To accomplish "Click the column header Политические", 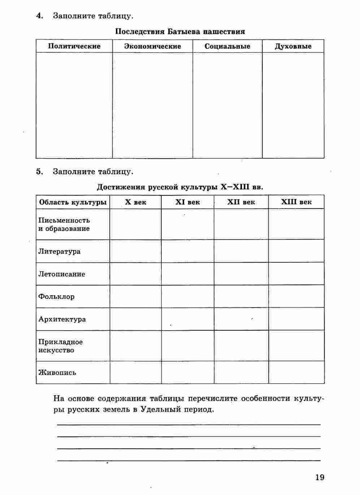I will coord(74,46).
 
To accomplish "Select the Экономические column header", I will coord(152,46).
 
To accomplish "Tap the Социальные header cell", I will coord(227,46).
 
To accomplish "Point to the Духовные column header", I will coord(293,46).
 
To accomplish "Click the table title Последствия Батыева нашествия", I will coord(180,31).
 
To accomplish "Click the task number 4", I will coord(39,16).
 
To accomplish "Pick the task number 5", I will coord(39,172).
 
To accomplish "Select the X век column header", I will coord(135,202).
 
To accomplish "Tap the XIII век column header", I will coord(296,202).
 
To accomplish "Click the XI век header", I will coord(187,202).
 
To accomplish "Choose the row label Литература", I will coord(59,251).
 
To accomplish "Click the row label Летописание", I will coord(62,274).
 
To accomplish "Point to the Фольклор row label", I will coord(56,297).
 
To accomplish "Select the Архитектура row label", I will coord(62,319).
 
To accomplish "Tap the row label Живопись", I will coord(57,373).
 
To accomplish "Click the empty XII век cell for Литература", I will coord(241,251).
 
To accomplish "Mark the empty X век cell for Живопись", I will coord(135,372).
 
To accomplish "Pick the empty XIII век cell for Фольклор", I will coord(296,297).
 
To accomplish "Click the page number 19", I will coord(320,477).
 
